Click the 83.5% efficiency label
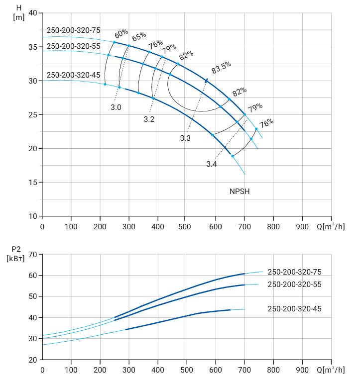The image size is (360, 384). click(x=221, y=67)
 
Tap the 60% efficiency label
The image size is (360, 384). click(x=121, y=33)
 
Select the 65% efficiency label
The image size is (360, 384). click(x=139, y=37)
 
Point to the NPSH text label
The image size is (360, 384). click(x=240, y=192)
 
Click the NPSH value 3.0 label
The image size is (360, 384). click(x=116, y=107)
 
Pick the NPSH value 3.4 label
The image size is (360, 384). click(x=212, y=164)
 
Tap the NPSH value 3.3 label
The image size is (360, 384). click(x=185, y=138)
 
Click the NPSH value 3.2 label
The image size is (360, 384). click(x=149, y=119)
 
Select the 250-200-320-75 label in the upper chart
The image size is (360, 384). click(x=73, y=30)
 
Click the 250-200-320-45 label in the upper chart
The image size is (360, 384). click(x=73, y=75)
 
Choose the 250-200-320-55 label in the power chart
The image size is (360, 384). click(x=294, y=285)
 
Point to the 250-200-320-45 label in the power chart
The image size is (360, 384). click(x=294, y=309)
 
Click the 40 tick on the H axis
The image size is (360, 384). click(x=33, y=13)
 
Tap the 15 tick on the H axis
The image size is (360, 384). click(x=33, y=183)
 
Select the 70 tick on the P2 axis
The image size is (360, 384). click(x=33, y=255)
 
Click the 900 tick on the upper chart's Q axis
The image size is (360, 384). click(x=302, y=226)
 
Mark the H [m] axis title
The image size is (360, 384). click(x=18, y=12)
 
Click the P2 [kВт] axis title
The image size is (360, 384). click(x=16, y=254)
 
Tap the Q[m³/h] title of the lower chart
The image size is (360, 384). click(x=331, y=370)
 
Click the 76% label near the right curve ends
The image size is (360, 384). click(x=266, y=123)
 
